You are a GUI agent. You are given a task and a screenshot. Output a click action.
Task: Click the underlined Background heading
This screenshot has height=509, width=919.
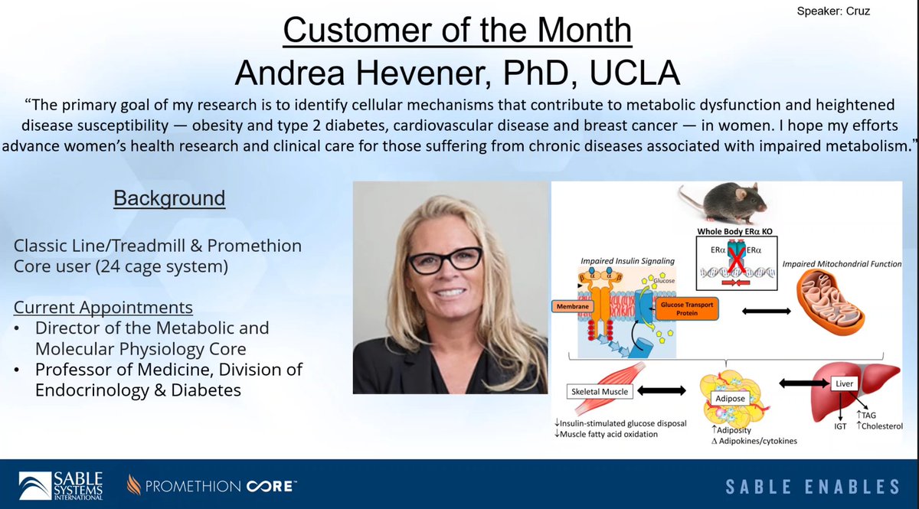[x=169, y=198]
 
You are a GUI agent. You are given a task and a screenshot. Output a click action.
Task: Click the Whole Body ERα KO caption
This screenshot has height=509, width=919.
[x=731, y=230]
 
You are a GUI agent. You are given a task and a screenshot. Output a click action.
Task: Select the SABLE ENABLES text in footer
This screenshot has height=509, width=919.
[x=812, y=486]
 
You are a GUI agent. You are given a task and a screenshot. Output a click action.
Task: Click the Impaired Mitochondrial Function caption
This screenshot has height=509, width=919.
[x=841, y=264]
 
